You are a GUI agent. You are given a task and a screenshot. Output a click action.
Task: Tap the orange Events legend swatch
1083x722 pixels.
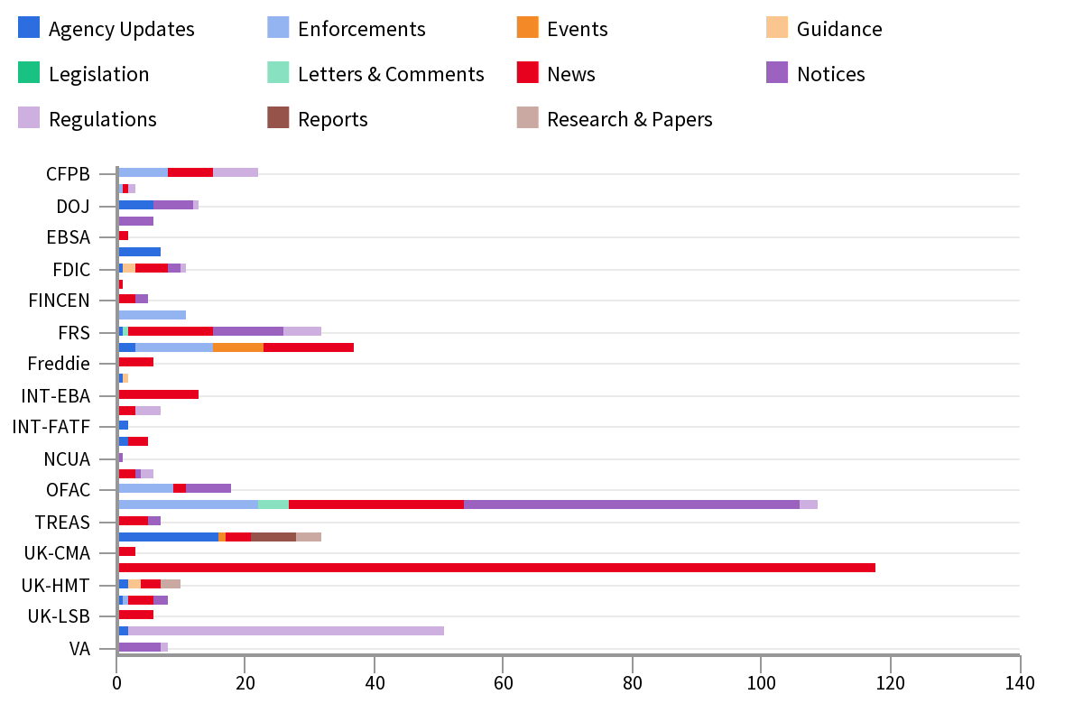click(x=527, y=28)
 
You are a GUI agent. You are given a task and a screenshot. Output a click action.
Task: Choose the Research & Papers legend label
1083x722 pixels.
click(x=629, y=119)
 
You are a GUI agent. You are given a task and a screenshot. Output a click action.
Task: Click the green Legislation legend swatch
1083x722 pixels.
click(x=29, y=73)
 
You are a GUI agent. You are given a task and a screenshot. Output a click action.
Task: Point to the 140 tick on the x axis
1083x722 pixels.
click(x=1020, y=683)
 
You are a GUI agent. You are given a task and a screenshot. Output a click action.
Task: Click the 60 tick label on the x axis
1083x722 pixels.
click(x=504, y=683)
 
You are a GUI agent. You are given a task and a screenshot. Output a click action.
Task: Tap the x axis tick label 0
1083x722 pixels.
click(x=117, y=683)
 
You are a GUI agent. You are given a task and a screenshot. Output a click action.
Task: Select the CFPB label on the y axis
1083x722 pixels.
click(x=68, y=174)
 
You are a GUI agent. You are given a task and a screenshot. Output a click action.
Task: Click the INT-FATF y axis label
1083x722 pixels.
click(x=51, y=427)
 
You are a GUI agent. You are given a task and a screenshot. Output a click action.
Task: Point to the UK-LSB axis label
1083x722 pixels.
click(x=59, y=616)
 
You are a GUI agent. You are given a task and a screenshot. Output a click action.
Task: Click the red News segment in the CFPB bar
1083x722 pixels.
click(x=190, y=172)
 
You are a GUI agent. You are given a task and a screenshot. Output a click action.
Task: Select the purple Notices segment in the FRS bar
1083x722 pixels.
click(x=248, y=331)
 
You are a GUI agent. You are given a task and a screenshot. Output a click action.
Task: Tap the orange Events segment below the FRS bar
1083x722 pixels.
click(x=238, y=347)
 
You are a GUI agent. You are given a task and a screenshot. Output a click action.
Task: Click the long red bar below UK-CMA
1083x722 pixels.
click(x=496, y=568)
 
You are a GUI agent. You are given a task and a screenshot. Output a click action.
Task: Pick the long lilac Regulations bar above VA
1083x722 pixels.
click(x=286, y=631)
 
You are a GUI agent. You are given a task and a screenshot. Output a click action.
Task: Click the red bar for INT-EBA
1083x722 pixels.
click(x=158, y=394)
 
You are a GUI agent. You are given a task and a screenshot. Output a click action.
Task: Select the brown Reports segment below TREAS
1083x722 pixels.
click(x=273, y=536)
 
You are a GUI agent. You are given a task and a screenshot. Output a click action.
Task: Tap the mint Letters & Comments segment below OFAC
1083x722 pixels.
click(x=273, y=504)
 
